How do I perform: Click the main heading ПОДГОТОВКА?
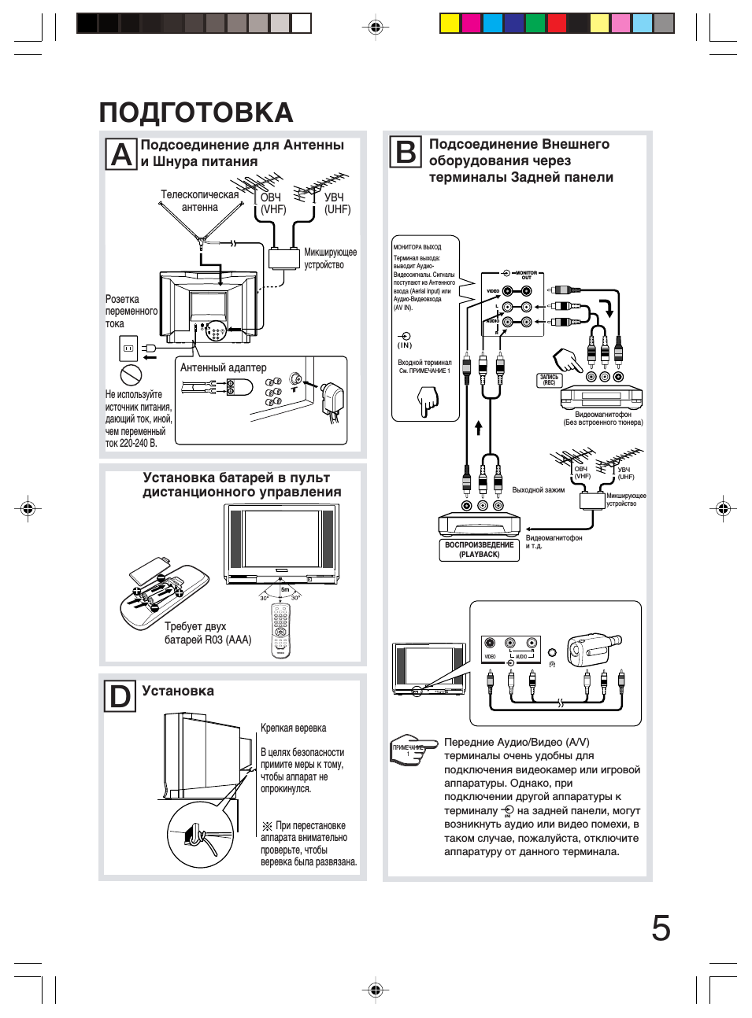[x=196, y=112]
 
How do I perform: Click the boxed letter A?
[x=122, y=154]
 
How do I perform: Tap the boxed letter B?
[x=406, y=151]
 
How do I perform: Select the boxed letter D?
[x=120, y=696]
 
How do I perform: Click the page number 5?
[x=661, y=928]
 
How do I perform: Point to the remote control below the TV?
[x=281, y=629]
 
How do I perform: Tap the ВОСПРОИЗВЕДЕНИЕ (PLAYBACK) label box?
[x=480, y=549]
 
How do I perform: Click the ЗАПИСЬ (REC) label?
[x=549, y=380]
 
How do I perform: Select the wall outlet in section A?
[x=128, y=348]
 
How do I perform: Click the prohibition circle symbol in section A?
[x=131, y=374]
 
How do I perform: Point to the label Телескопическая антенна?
[x=199, y=201]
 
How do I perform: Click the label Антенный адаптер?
[x=223, y=367]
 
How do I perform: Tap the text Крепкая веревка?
[x=293, y=728]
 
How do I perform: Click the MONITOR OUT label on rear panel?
[x=526, y=275]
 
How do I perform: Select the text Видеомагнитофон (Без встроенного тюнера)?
[x=602, y=419]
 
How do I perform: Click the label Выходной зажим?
[x=538, y=489]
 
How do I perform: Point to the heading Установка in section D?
[x=178, y=691]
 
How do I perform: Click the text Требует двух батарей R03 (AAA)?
[x=208, y=633]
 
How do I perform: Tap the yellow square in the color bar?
[x=450, y=24]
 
